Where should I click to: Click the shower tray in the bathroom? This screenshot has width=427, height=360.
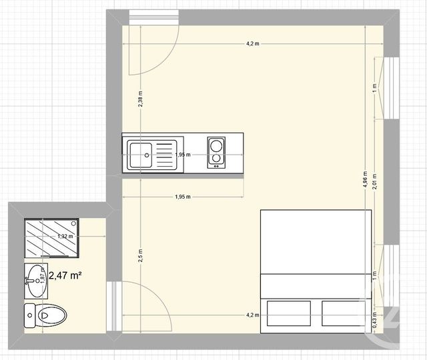(x=51, y=237)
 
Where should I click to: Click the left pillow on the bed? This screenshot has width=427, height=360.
(x=288, y=313)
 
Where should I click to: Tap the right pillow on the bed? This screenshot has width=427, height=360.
(x=345, y=313)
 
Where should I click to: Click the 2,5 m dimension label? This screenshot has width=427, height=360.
(x=139, y=255)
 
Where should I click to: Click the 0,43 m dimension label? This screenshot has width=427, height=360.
(x=375, y=321)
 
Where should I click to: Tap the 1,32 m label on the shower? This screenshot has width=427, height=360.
(x=65, y=237)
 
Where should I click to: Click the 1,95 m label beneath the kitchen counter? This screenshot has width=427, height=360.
(x=182, y=197)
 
